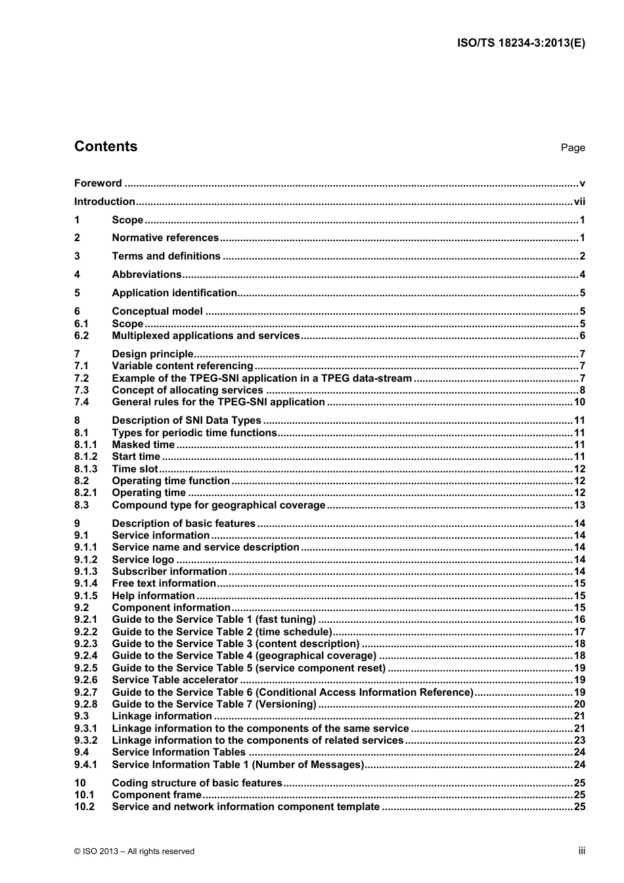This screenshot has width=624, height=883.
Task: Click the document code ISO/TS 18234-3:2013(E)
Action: point(520,43)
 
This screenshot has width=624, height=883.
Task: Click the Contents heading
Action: point(106,147)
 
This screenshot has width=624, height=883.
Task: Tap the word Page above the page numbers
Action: point(573,148)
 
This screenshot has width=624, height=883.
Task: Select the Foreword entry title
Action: point(98,183)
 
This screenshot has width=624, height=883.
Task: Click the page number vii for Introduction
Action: point(579,202)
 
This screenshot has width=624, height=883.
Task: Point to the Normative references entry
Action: point(165,238)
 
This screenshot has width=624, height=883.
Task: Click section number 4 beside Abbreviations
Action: point(77,275)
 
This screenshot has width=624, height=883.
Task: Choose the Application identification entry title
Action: point(174,293)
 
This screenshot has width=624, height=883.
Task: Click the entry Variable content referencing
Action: point(182,366)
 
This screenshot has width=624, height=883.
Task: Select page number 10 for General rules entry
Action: point(579,402)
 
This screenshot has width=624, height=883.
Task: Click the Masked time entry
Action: point(143,445)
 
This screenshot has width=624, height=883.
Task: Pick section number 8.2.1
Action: point(85,493)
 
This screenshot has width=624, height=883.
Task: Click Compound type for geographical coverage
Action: point(218,505)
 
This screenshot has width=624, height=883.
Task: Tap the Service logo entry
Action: point(143,560)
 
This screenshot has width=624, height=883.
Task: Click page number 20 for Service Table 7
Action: point(579,704)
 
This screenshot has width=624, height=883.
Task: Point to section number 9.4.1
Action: point(85,765)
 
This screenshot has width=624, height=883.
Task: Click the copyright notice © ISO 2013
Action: point(134,851)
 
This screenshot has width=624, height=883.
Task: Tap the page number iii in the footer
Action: point(581,851)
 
